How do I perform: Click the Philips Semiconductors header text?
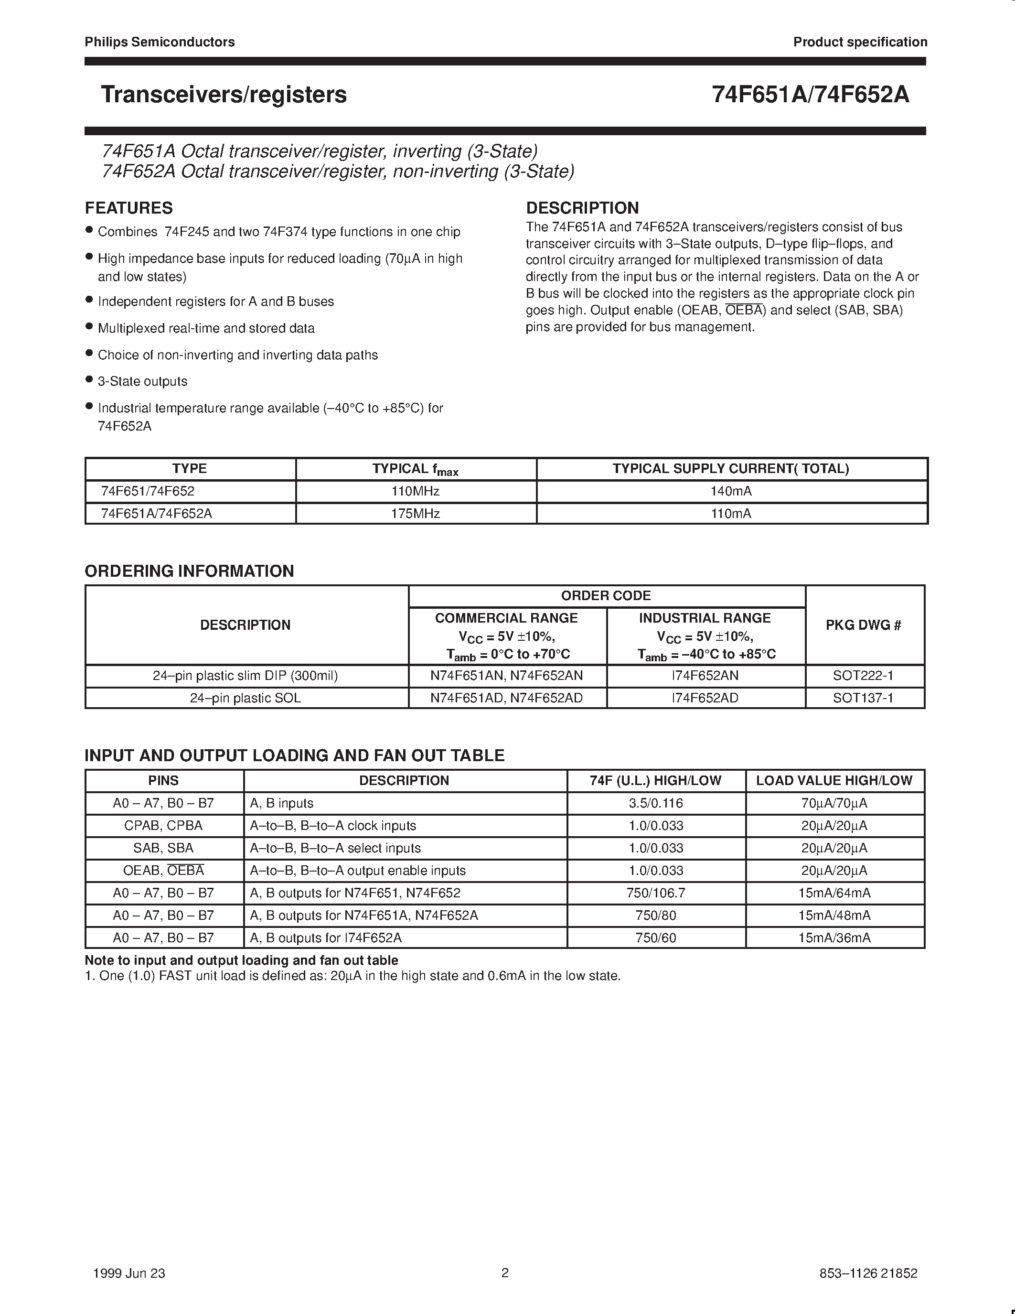click(160, 42)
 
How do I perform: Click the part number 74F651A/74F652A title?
click(810, 95)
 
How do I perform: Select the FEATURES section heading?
click(128, 208)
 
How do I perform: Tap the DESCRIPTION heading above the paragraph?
click(582, 208)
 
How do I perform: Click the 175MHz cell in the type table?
click(416, 514)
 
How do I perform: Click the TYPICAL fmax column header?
click(416, 469)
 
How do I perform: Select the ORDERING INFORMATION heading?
click(190, 571)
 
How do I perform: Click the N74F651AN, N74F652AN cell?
click(506, 676)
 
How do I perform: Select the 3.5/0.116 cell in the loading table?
click(655, 803)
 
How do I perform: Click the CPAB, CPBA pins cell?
click(163, 826)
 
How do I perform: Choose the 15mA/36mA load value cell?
click(834, 938)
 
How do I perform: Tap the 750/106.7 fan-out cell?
click(655, 893)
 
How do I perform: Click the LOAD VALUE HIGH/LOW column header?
click(834, 781)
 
